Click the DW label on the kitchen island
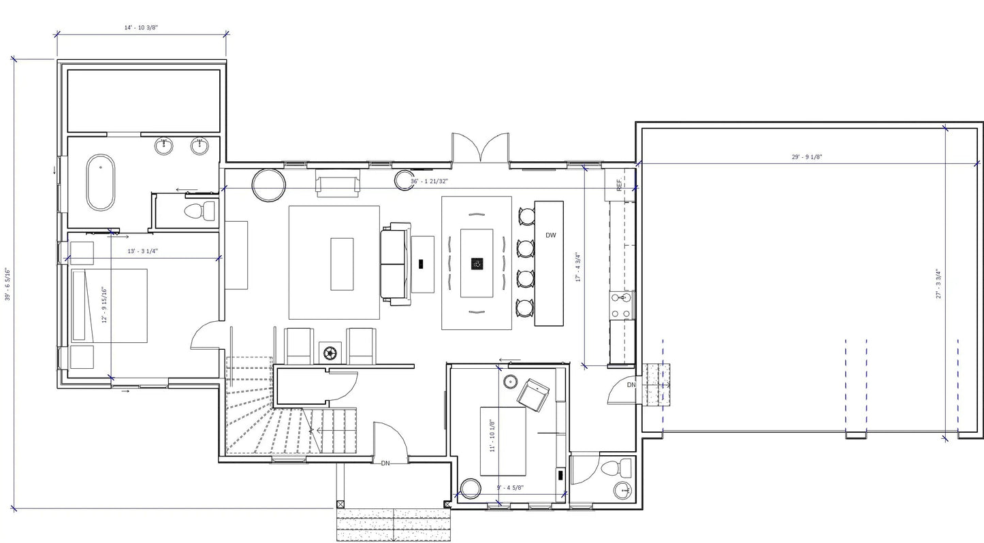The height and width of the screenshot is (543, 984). [550, 235]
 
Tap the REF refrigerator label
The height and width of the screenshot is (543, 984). [619, 184]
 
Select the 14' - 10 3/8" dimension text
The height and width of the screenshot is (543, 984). [142, 27]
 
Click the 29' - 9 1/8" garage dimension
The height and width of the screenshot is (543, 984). [807, 157]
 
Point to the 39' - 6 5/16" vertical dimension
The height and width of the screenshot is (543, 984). [7, 284]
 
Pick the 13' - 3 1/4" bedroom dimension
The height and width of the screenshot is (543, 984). [142, 251]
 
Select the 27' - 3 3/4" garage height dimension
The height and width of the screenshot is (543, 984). [938, 284]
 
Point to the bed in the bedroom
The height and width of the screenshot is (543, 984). [109, 305]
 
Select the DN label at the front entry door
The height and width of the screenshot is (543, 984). [385, 463]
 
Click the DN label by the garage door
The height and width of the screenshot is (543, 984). [631, 385]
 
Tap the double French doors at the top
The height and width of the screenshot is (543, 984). [480, 148]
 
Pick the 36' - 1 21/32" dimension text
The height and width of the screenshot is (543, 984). [430, 182]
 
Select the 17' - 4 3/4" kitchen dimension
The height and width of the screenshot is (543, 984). [577, 267]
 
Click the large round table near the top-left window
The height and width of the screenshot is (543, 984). [268, 184]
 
